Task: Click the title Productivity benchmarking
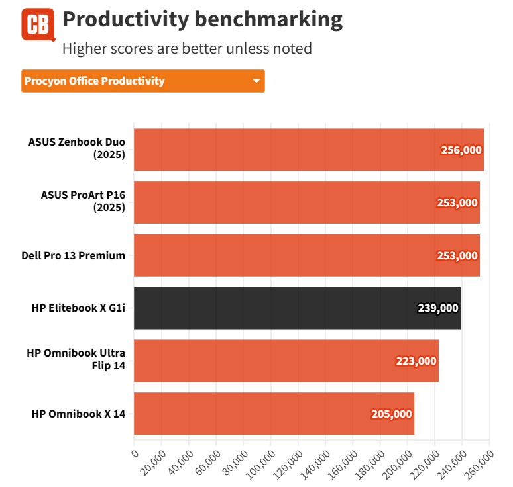click(x=202, y=20)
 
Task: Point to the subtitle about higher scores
click(x=186, y=48)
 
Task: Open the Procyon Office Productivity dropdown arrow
click(x=256, y=81)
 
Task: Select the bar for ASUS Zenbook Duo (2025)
click(x=308, y=150)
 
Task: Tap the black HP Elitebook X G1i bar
click(x=297, y=308)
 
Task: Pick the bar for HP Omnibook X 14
click(x=274, y=414)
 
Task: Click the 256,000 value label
click(x=461, y=150)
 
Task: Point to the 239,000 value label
click(x=438, y=308)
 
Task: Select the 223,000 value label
click(x=416, y=361)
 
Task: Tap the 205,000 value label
click(x=392, y=414)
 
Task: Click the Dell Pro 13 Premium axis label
click(x=74, y=255)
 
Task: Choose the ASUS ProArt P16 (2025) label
click(x=83, y=202)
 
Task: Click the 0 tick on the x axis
click(x=135, y=453)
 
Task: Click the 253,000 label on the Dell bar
click(x=457, y=255)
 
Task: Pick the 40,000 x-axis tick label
click(x=178, y=461)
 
